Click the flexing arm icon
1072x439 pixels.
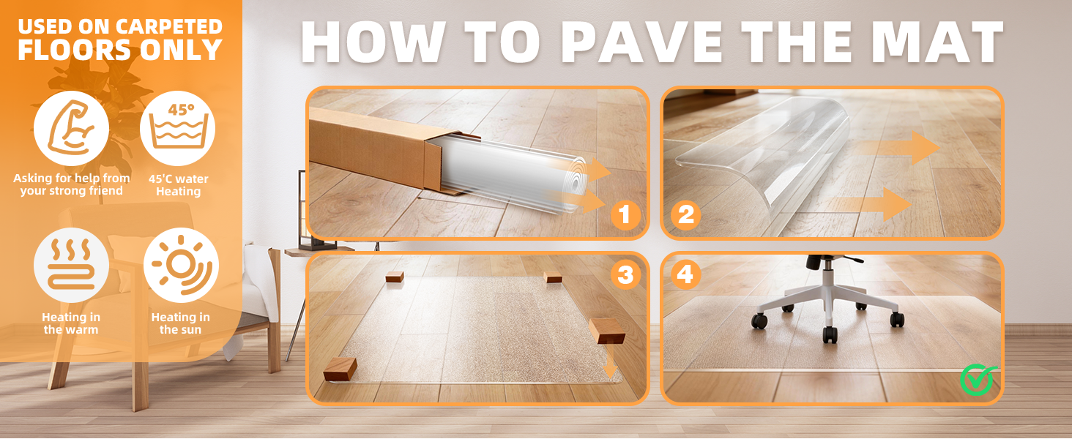tap(71, 128)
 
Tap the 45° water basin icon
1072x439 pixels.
tap(177, 128)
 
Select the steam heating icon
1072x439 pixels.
tap(71, 265)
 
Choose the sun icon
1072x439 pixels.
tap(181, 265)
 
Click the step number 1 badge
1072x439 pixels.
tap(625, 215)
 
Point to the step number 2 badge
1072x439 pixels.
tap(686, 215)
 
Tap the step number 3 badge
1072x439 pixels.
tap(625, 274)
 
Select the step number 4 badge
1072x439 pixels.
tap(686, 274)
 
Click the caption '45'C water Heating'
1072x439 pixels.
tap(178, 185)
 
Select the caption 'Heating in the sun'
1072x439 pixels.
tap(180, 323)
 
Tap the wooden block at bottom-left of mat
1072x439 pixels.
tap(340, 368)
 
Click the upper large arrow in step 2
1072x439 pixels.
tap(898, 148)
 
